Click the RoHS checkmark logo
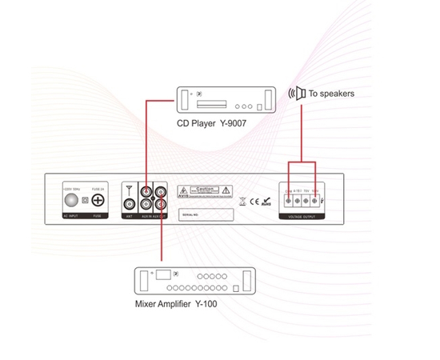click(266, 201)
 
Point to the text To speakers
click(331, 94)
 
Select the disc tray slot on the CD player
click(211, 103)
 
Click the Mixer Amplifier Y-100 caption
click(175, 305)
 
